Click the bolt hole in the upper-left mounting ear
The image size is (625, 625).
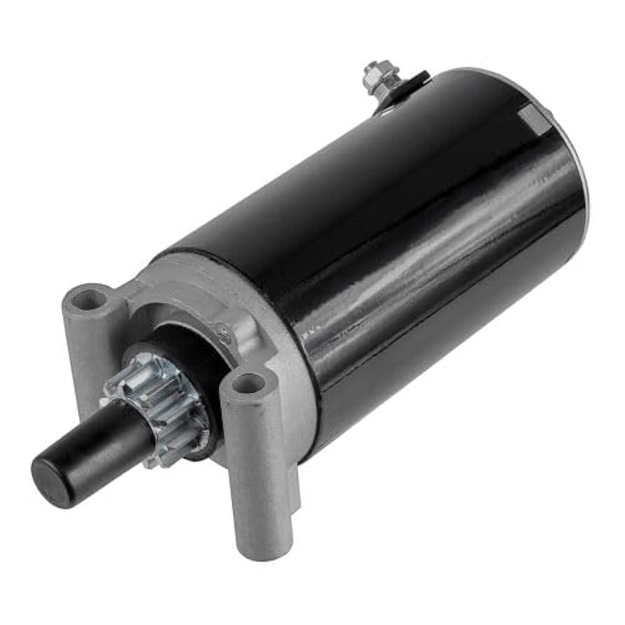click(89, 300)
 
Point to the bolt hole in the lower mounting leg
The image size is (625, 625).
click(248, 383)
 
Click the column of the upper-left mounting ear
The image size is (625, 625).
click(80, 350)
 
